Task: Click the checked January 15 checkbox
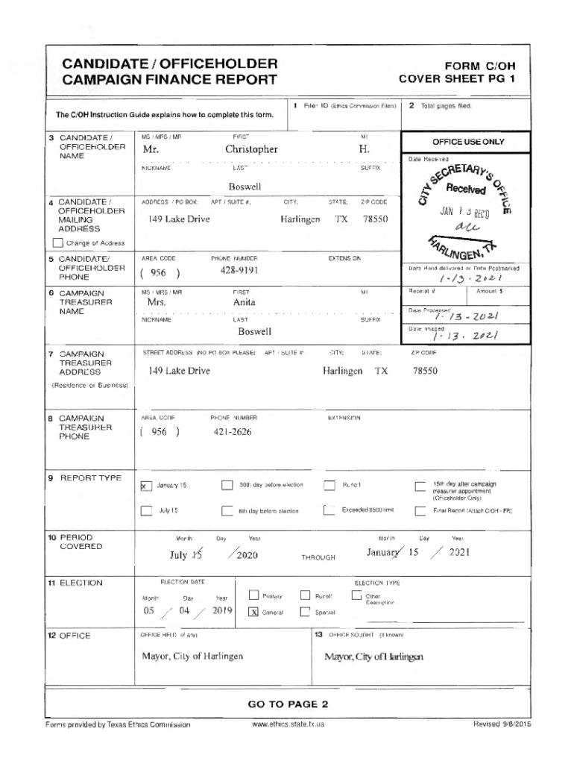point(147,486)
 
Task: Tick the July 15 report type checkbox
point(147,511)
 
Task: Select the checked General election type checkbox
point(253,612)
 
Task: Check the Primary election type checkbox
point(253,595)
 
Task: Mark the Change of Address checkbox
point(58,242)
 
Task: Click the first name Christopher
point(251,149)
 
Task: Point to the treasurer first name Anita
point(244,302)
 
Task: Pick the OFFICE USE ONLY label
point(467,142)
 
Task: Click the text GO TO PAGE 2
point(287,704)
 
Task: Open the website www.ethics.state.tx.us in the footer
point(288,724)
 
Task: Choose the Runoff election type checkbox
point(305,595)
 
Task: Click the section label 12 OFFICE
point(69,636)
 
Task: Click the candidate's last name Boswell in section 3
point(245,186)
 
